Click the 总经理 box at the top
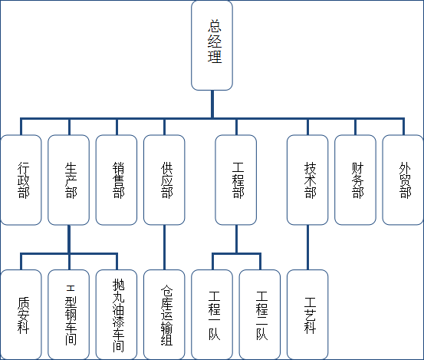(x=212, y=45)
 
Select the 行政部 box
(x=21, y=180)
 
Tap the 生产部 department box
(x=69, y=180)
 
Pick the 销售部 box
(x=117, y=180)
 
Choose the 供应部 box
(x=164, y=180)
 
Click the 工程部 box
(x=236, y=180)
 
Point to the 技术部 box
(x=307, y=180)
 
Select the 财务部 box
(x=355, y=180)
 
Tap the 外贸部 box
(x=403, y=180)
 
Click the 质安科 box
(x=21, y=315)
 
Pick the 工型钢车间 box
(x=69, y=315)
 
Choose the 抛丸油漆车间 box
(x=117, y=315)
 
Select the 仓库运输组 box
(x=164, y=315)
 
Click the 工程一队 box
(x=212, y=315)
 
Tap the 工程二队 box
(x=260, y=315)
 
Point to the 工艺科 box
(x=307, y=315)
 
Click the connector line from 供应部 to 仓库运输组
(x=164, y=247)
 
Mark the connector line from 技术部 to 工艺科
(x=307, y=247)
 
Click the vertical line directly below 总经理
(x=212, y=104)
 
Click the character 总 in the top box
(x=215, y=26)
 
